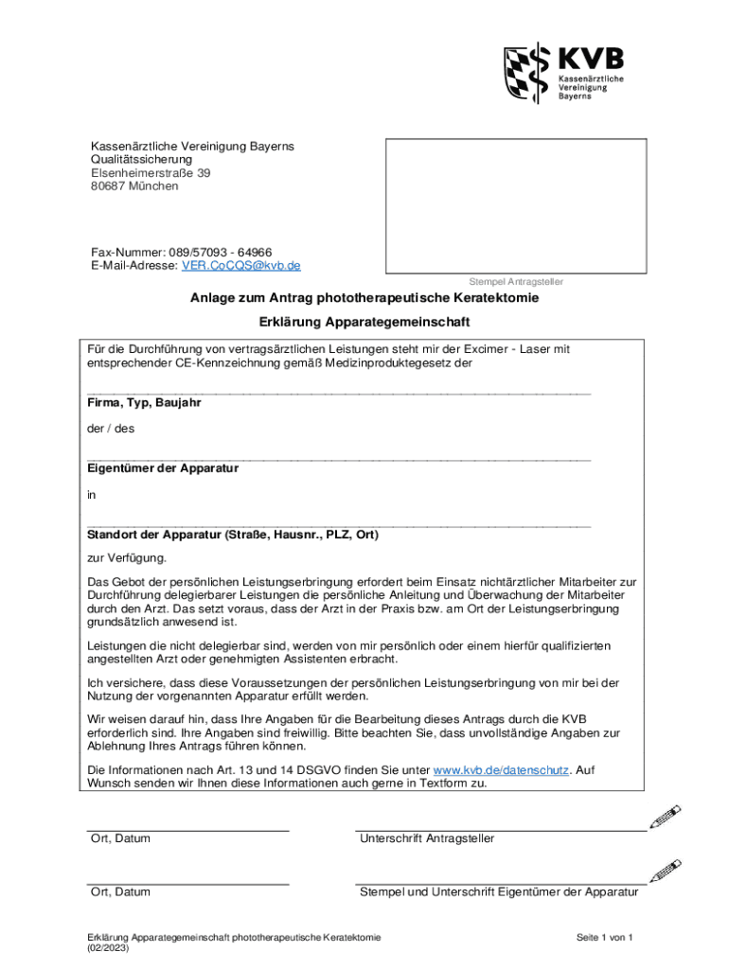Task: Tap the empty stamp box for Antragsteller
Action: point(515,205)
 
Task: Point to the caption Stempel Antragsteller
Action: point(516,282)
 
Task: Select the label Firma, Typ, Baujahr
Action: point(144,402)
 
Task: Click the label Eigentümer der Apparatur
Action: point(163,467)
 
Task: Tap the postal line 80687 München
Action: point(134,186)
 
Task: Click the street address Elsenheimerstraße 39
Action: point(151,173)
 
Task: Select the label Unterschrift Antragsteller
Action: point(427,838)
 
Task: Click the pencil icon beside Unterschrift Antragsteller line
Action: point(666,818)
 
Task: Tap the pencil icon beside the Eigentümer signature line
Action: point(666,870)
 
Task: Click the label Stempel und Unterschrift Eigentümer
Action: point(498,891)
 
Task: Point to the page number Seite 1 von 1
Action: point(604,937)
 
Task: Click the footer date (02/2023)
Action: point(108,948)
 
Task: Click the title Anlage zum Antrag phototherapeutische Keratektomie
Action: point(364,298)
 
